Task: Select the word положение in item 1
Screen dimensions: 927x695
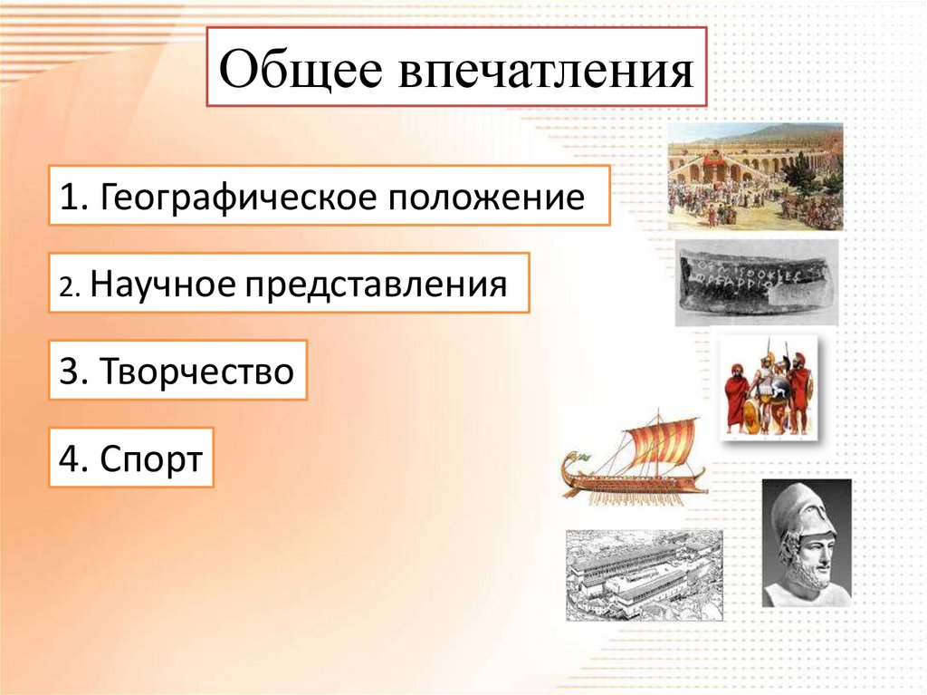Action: point(486,198)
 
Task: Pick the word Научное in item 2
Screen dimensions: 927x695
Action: point(163,285)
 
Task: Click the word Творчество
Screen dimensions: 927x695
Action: point(196,372)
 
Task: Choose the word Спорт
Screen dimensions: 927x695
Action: point(151,459)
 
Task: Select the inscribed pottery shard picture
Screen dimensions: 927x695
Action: point(757,283)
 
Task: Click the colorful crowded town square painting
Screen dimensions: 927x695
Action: point(756,176)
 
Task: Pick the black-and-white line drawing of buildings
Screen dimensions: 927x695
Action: point(645,574)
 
